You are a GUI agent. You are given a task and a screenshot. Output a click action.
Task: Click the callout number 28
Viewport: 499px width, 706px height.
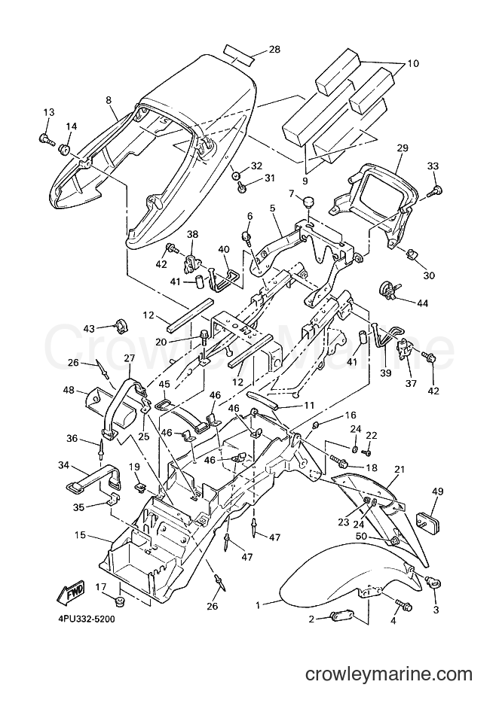pyautogui.click(x=274, y=49)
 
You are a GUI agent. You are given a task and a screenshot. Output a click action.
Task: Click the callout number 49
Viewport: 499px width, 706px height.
pyautogui.click(x=437, y=491)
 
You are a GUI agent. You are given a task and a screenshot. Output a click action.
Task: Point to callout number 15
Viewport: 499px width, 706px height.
pyautogui.click(x=80, y=536)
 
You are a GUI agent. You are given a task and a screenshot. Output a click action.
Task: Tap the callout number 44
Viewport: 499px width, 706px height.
pyautogui.click(x=422, y=303)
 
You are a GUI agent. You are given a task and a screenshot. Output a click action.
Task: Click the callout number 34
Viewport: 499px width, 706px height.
pyautogui.click(x=64, y=464)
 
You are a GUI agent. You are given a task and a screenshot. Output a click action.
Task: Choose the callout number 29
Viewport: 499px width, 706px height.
pyautogui.click(x=403, y=148)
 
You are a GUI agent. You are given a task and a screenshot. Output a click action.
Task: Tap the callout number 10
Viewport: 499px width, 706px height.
pyautogui.click(x=413, y=63)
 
